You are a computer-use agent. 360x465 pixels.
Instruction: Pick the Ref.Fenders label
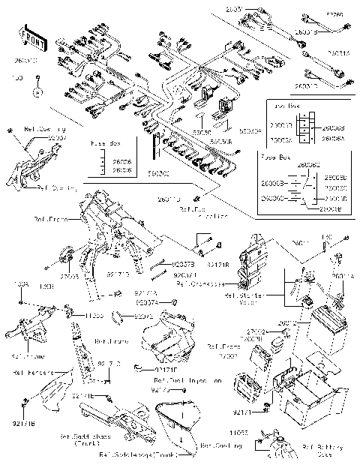point(31,371)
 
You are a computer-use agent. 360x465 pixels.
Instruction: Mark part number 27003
point(70,277)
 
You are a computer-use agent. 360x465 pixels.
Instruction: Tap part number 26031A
point(338,52)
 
